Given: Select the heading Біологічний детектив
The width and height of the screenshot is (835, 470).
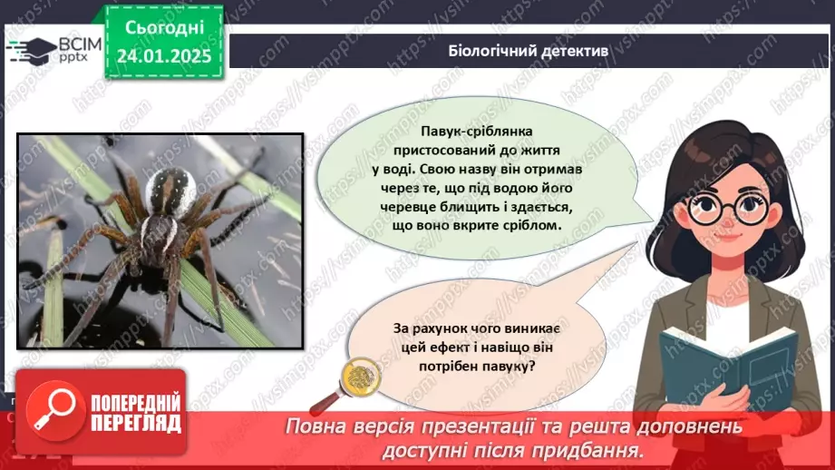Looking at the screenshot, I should [x=529, y=51].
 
